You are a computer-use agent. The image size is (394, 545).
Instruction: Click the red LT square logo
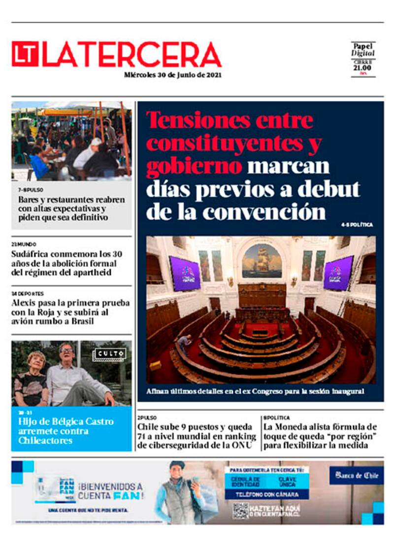(25, 54)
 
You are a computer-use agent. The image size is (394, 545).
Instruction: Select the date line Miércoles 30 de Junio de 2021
(172, 75)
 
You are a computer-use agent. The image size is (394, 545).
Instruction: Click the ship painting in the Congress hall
(262, 260)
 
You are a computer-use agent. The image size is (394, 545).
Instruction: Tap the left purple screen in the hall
(185, 273)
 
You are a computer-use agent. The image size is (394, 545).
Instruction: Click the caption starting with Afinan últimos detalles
(255, 391)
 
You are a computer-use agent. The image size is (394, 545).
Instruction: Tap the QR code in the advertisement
(241, 511)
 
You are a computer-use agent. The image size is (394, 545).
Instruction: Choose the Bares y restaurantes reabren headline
(71, 209)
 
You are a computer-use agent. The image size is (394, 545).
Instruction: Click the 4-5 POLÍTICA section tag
(357, 225)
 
